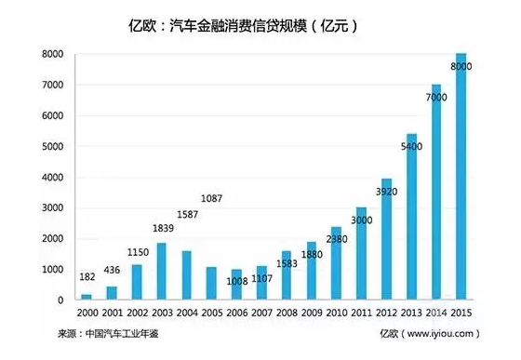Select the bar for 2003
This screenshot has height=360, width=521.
tap(162, 272)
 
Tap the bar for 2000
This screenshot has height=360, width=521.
tap(87, 297)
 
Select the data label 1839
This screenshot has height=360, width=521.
tap(161, 229)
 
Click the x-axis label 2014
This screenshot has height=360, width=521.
tap(435, 314)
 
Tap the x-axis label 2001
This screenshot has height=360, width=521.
tap(113, 314)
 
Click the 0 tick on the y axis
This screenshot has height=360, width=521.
tap(58, 300)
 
